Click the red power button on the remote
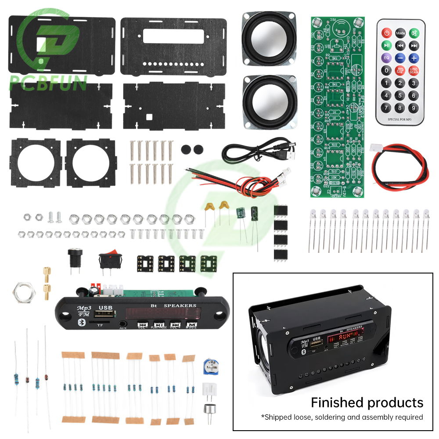pos(386,32)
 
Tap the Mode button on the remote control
pos(400,32)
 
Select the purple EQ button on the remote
pos(386,58)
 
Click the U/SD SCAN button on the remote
pos(414,70)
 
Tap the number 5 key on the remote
pos(400,95)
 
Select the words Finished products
pos(367,402)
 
